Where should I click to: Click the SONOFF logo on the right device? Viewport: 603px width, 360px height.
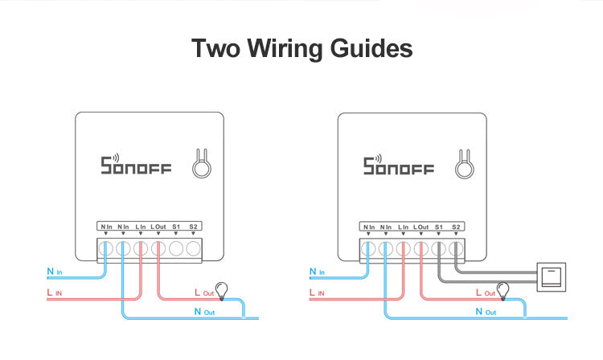tap(399, 166)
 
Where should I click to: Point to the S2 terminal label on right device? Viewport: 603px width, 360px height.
tap(456, 227)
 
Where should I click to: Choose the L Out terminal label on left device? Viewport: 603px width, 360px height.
tap(158, 227)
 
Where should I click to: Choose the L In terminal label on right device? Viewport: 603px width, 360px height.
tap(403, 227)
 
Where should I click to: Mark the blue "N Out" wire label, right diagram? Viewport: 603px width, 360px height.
tap(485, 312)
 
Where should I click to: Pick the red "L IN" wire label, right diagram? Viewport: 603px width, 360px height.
tap(315, 293)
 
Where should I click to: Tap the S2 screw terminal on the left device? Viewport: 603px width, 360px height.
tap(193, 248)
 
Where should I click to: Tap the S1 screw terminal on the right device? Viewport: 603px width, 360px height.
tap(438, 248)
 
